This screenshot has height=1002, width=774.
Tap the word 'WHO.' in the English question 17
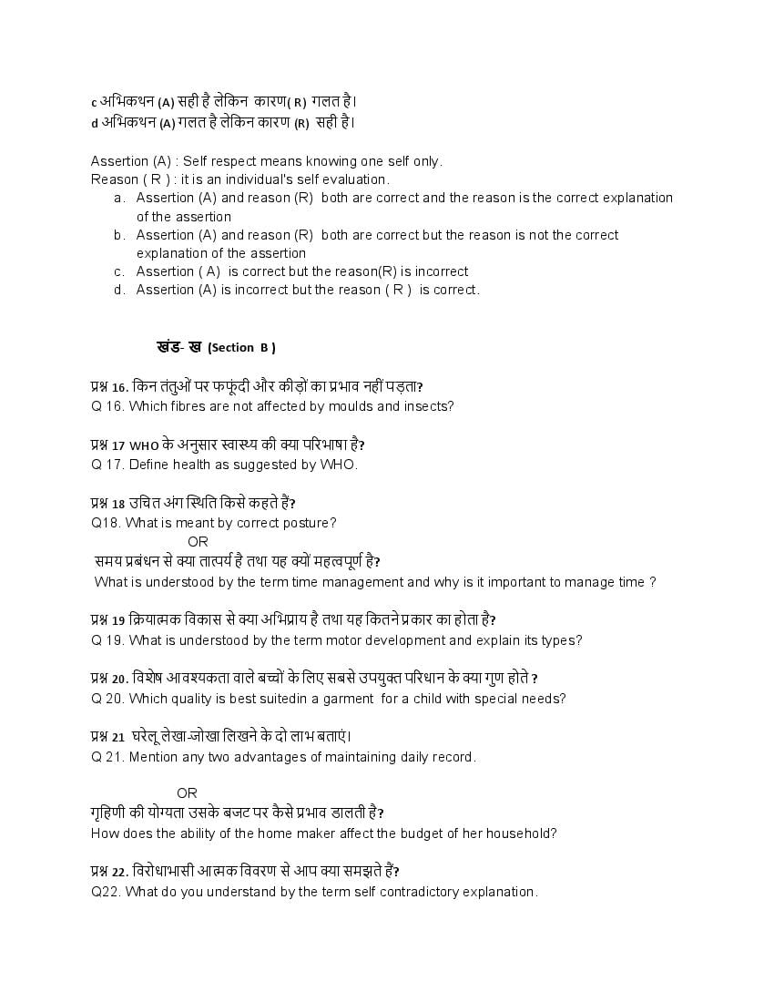tap(338, 465)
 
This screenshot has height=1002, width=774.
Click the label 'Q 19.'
tap(107, 640)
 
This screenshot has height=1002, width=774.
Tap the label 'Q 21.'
tap(107, 757)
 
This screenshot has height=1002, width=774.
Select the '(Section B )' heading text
tap(241, 347)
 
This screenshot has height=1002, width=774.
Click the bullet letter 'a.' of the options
tap(119, 198)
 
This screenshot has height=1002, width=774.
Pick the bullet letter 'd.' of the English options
tap(119, 290)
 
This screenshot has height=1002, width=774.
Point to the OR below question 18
tap(198, 542)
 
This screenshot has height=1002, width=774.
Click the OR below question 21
tap(187, 793)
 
